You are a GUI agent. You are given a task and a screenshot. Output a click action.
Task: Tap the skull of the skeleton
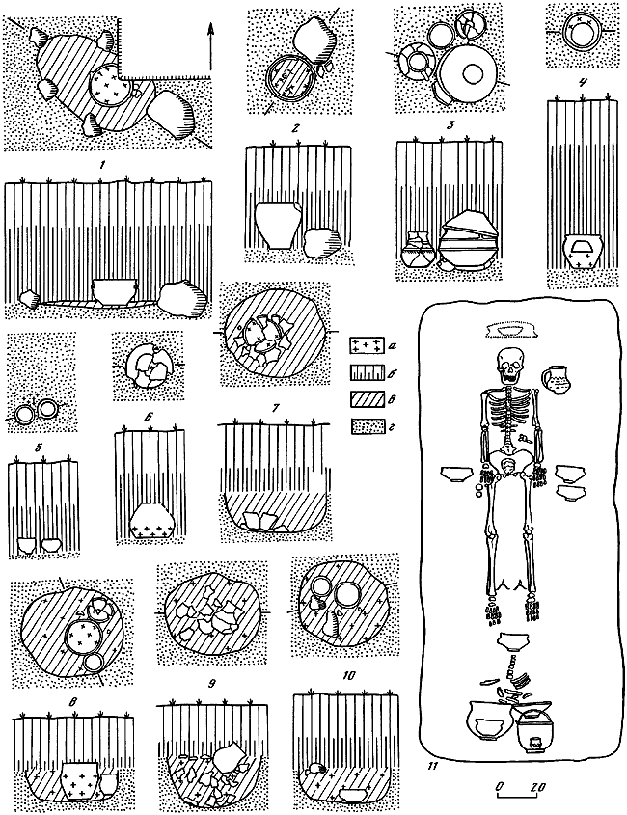508,366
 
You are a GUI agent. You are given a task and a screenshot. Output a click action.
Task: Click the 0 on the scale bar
499,788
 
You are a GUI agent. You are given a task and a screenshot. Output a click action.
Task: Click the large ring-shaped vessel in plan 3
474,73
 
